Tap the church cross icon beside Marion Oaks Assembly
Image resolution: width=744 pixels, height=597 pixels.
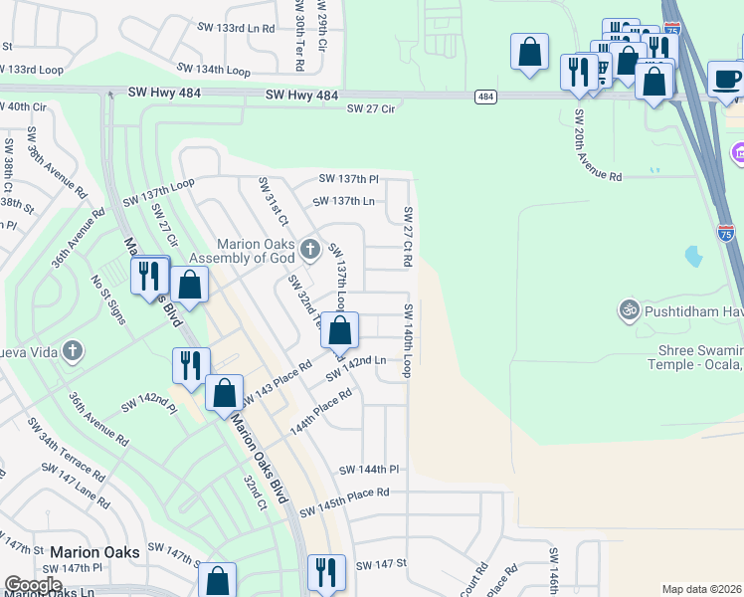tap(309, 247)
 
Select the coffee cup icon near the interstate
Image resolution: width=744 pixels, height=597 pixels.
tap(725, 79)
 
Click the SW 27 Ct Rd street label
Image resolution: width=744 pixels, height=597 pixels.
tap(408, 237)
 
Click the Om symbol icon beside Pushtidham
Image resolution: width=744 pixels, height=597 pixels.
tap(627, 308)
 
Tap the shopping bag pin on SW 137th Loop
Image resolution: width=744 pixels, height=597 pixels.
tap(339, 330)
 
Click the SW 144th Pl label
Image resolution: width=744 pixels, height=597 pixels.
tap(368, 470)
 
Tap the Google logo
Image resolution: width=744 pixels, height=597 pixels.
tap(33, 584)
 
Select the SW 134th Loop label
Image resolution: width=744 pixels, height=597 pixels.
tap(214, 70)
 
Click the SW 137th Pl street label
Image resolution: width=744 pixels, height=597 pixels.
tap(348, 179)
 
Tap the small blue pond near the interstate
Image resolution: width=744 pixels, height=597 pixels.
tap(693, 257)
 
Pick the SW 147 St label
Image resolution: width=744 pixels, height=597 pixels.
tap(381, 564)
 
